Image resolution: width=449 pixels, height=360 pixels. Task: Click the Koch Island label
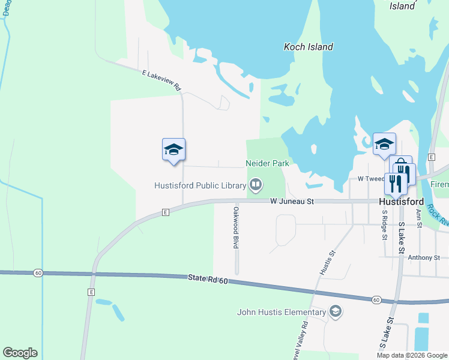(x=308, y=47)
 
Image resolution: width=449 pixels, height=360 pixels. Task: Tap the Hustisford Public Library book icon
(x=256, y=184)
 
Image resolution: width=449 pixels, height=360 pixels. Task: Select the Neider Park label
(x=267, y=163)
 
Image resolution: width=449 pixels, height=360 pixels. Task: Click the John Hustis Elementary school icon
(x=336, y=311)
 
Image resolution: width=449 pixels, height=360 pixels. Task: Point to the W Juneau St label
(x=292, y=202)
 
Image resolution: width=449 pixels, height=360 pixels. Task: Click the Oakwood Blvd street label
(x=236, y=228)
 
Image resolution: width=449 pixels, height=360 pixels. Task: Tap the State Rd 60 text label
(x=208, y=278)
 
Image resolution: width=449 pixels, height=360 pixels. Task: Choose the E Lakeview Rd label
(x=161, y=80)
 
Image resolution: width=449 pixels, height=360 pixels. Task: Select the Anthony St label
(x=424, y=258)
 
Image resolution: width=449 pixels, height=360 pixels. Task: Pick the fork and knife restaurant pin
(x=395, y=182)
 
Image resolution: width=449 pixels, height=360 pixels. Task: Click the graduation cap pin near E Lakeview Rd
(x=173, y=149)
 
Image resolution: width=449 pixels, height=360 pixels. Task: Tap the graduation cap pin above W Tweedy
(x=384, y=143)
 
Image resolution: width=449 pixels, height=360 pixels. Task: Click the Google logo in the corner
(x=20, y=353)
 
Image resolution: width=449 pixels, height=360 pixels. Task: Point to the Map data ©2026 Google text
(x=411, y=355)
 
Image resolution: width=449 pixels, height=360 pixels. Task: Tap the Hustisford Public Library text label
(x=200, y=184)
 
